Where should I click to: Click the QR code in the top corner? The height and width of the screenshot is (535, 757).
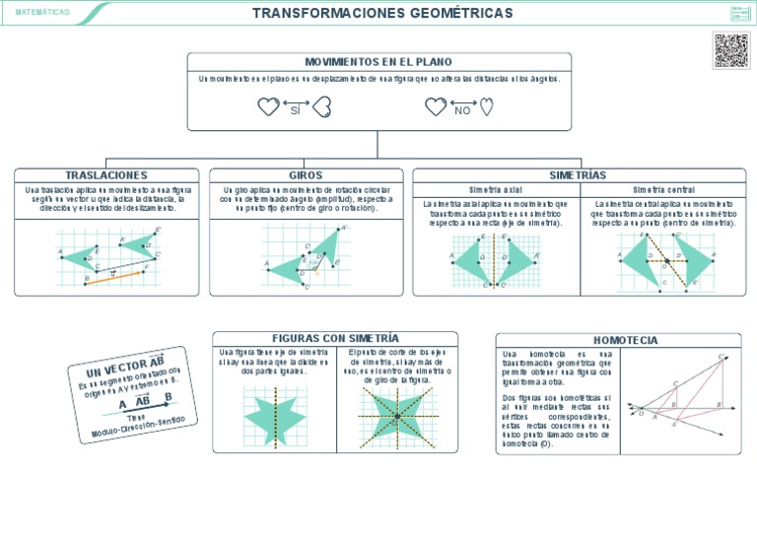730,49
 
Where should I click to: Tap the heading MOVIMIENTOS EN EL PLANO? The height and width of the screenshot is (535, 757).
378,61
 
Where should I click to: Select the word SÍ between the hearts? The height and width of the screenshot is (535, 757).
295,110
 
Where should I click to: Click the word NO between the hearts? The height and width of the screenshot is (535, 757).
462,110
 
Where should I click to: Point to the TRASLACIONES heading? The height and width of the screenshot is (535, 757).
106,175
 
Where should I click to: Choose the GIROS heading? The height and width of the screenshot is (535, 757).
306,175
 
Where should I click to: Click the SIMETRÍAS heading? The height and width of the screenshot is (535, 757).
577,174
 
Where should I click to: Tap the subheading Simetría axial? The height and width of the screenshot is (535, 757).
496,189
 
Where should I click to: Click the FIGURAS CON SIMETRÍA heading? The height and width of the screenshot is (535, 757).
335,338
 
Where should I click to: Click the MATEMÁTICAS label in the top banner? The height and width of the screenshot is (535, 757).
43,13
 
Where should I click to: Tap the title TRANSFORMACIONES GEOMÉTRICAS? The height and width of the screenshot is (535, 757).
382,13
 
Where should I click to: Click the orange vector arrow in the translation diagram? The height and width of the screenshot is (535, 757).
115,273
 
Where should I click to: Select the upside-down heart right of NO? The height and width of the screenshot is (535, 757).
487,107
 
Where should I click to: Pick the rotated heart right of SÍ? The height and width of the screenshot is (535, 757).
321,107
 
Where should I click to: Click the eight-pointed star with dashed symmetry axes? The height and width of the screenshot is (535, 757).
396,418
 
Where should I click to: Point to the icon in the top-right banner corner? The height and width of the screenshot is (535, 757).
739,13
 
